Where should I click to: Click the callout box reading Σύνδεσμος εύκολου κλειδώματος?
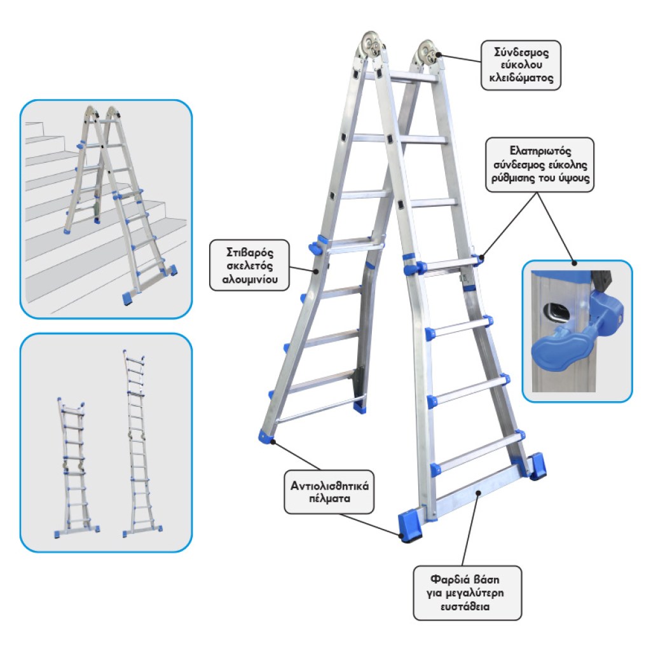(521, 65)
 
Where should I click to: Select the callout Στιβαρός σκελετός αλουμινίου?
(249, 265)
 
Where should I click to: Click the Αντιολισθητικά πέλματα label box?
(329, 492)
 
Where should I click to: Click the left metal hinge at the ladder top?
(371, 45)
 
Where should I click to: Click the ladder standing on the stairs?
(120, 204)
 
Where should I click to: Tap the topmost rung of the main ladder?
(401, 78)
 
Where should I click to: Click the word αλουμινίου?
(249, 280)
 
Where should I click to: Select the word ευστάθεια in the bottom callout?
(465, 606)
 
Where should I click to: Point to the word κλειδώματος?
(521, 78)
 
